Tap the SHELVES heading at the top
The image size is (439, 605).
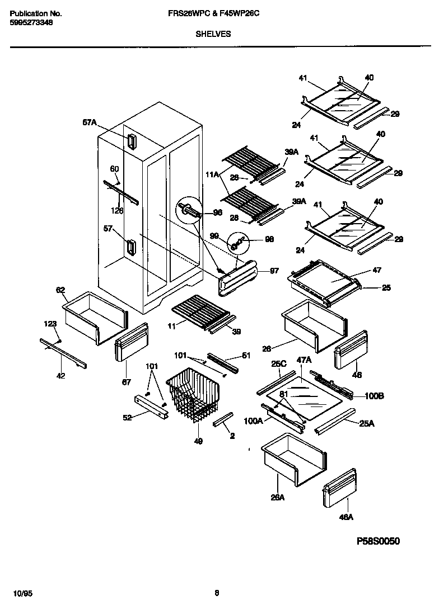click(x=213, y=34)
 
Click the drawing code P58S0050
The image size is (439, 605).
click(x=379, y=541)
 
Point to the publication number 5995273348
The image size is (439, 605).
click(x=32, y=23)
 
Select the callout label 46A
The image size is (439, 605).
click(x=346, y=517)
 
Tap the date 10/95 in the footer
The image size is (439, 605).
click(x=20, y=593)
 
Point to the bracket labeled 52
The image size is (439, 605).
click(x=151, y=406)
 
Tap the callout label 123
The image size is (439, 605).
click(x=50, y=323)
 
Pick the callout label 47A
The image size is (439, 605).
click(x=303, y=361)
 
